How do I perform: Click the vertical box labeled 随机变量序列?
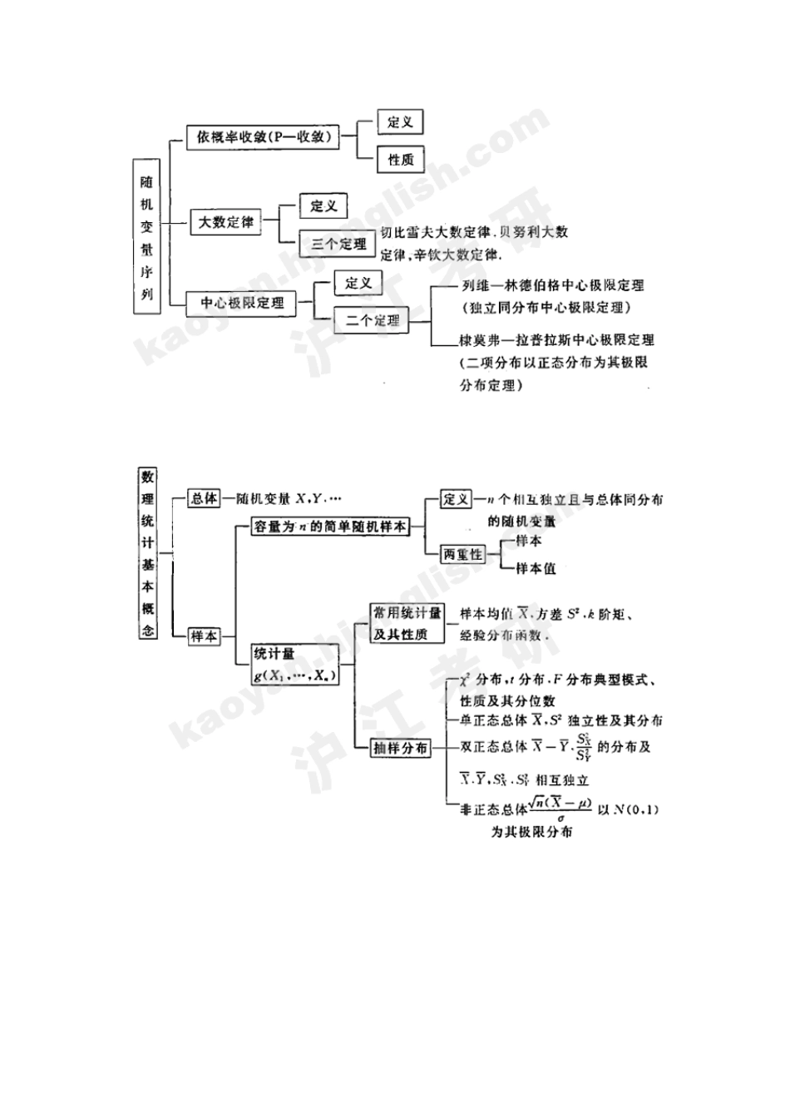pos(146,236)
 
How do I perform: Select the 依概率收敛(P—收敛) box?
pos(263,138)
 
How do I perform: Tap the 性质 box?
pos(400,160)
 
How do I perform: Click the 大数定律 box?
pos(225,222)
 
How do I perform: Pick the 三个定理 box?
pos(338,244)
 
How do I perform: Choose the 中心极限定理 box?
pos(242,303)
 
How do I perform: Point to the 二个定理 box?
pos(372,320)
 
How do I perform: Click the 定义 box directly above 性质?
pos(400,121)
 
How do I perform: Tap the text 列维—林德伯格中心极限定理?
pos(552,285)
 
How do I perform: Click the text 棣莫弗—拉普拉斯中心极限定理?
pos(556,339)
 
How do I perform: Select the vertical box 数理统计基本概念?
pos(147,553)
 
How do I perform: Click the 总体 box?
pos(204,498)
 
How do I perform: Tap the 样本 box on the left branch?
pos(204,636)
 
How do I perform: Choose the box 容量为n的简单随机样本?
pos(330,527)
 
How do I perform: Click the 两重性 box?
pos(462,554)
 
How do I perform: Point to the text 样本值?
pos(536,569)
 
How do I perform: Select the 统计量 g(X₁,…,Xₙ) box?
pos(296,665)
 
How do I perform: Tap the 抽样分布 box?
pos(400,748)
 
